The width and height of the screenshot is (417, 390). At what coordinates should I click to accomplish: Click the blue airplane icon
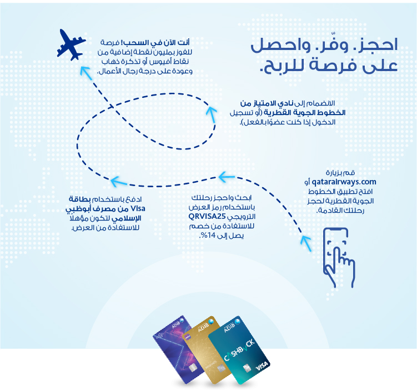(x=71, y=44)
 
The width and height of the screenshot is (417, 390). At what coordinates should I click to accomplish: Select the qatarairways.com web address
(x=344, y=182)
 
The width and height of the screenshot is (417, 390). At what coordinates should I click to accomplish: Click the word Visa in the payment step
(x=138, y=208)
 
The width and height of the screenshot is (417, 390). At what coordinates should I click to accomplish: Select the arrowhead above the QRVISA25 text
(x=227, y=177)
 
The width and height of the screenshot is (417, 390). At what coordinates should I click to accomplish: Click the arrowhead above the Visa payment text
(x=119, y=182)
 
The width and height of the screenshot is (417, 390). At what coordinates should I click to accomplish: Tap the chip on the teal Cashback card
(x=247, y=368)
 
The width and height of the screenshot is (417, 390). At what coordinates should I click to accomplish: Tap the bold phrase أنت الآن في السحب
(x=157, y=42)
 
